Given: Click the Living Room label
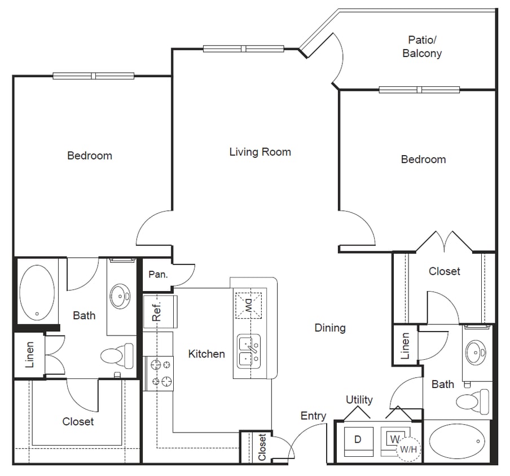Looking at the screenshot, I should pyautogui.click(x=260, y=152).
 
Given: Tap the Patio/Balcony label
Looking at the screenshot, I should pyautogui.click(x=422, y=47).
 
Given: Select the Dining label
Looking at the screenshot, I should pyautogui.click(x=330, y=328).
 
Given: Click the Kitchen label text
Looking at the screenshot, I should pyautogui.click(x=206, y=354).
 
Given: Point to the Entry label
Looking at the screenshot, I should pyautogui.click(x=313, y=416).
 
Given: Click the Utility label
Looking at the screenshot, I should pyautogui.click(x=359, y=400).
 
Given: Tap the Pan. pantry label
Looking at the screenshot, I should pyautogui.click(x=157, y=275).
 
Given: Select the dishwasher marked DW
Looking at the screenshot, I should pyautogui.click(x=248, y=306).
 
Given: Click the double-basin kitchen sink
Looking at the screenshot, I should pyautogui.click(x=248, y=352).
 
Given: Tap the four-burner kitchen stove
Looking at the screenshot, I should pyautogui.click(x=159, y=374).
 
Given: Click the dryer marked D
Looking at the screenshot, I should pyautogui.click(x=357, y=439).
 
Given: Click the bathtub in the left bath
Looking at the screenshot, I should pyautogui.click(x=37, y=291).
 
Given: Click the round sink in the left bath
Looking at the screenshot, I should pyautogui.click(x=120, y=294).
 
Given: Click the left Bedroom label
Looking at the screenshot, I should pyautogui.click(x=90, y=156).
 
